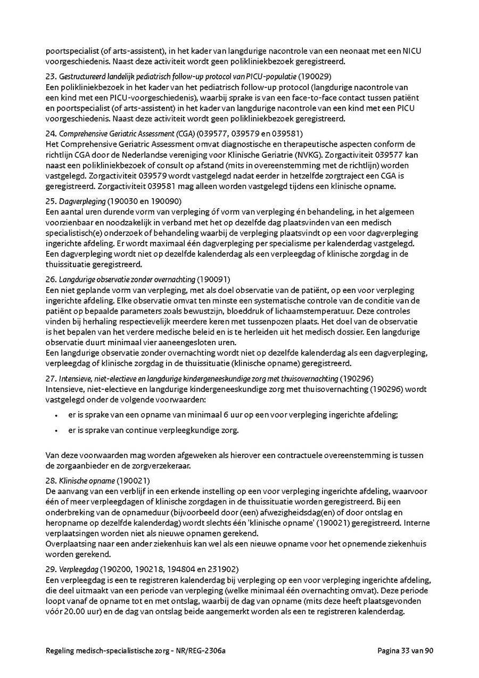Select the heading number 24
tap(51, 133)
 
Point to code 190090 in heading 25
tap(166, 201)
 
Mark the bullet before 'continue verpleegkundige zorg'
tap(56, 431)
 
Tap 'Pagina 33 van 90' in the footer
tap(406, 651)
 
